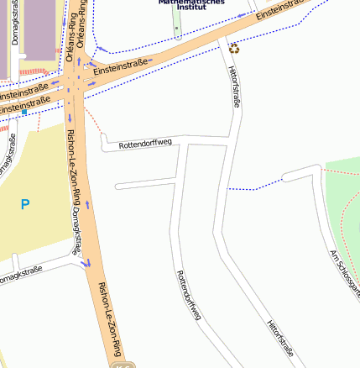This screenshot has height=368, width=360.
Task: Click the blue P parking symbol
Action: pos(24,204)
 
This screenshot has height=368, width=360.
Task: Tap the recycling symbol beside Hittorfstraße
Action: pos(233,48)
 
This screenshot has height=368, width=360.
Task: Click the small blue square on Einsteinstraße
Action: pos(24,112)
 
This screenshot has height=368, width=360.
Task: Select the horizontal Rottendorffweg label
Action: pos(145,144)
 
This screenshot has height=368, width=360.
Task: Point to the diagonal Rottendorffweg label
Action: pos(188,295)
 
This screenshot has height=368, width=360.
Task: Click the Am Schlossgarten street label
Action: pos(345,273)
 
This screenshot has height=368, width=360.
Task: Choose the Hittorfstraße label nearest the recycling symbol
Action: pos(236,88)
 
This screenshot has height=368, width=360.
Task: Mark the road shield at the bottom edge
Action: pos(123,365)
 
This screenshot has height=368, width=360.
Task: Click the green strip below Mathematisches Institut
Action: pos(177,25)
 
